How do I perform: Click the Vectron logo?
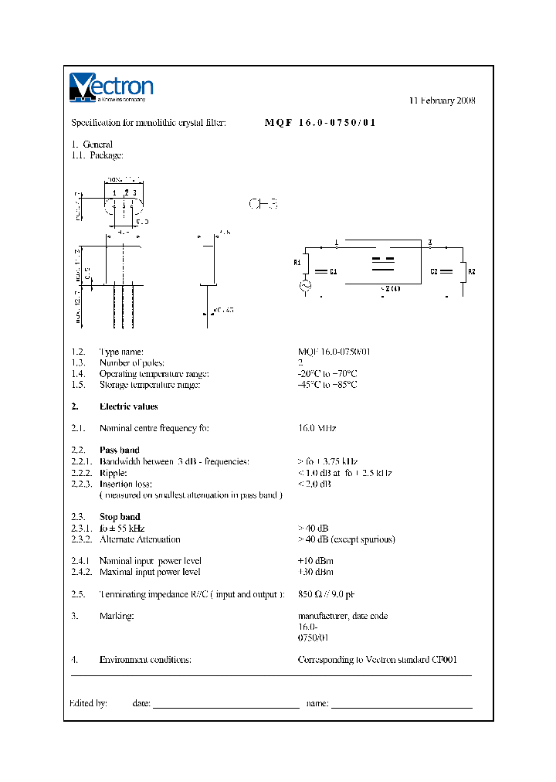pyautogui.click(x=111, y=87)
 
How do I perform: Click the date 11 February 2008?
pyautogui.click(x=442, y=101)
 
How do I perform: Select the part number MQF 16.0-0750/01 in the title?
pyautogui.click(x=320, y=123)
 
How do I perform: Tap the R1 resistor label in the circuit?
pyautogui.click(x=297, y=263)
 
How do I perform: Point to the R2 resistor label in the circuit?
pyautogui.click(x=473, y=271)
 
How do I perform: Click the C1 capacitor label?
pyautogui.click(x=333, y=272)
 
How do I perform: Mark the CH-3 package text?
pyautogui.click(x=263, y=204)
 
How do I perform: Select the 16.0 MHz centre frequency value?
pyautogui.click(x=317, y=428)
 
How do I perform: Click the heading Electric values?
pyautogui.click(x=128, y=406)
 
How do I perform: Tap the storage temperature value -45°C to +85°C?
pyautogui.click(x=327, y=384)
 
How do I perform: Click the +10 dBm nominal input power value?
pyautogui.click(x=316, y=561)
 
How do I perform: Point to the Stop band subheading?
pyautogui.click(x=120, y=517)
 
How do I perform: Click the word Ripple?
pyautogui.click(x=113, y=473)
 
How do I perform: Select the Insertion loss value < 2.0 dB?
pyautogui.click(x=314, y=484)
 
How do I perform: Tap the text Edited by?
pyautogui.click(x=88, y=703)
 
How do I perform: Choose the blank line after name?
pyautogui.click(x=402, y=705)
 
